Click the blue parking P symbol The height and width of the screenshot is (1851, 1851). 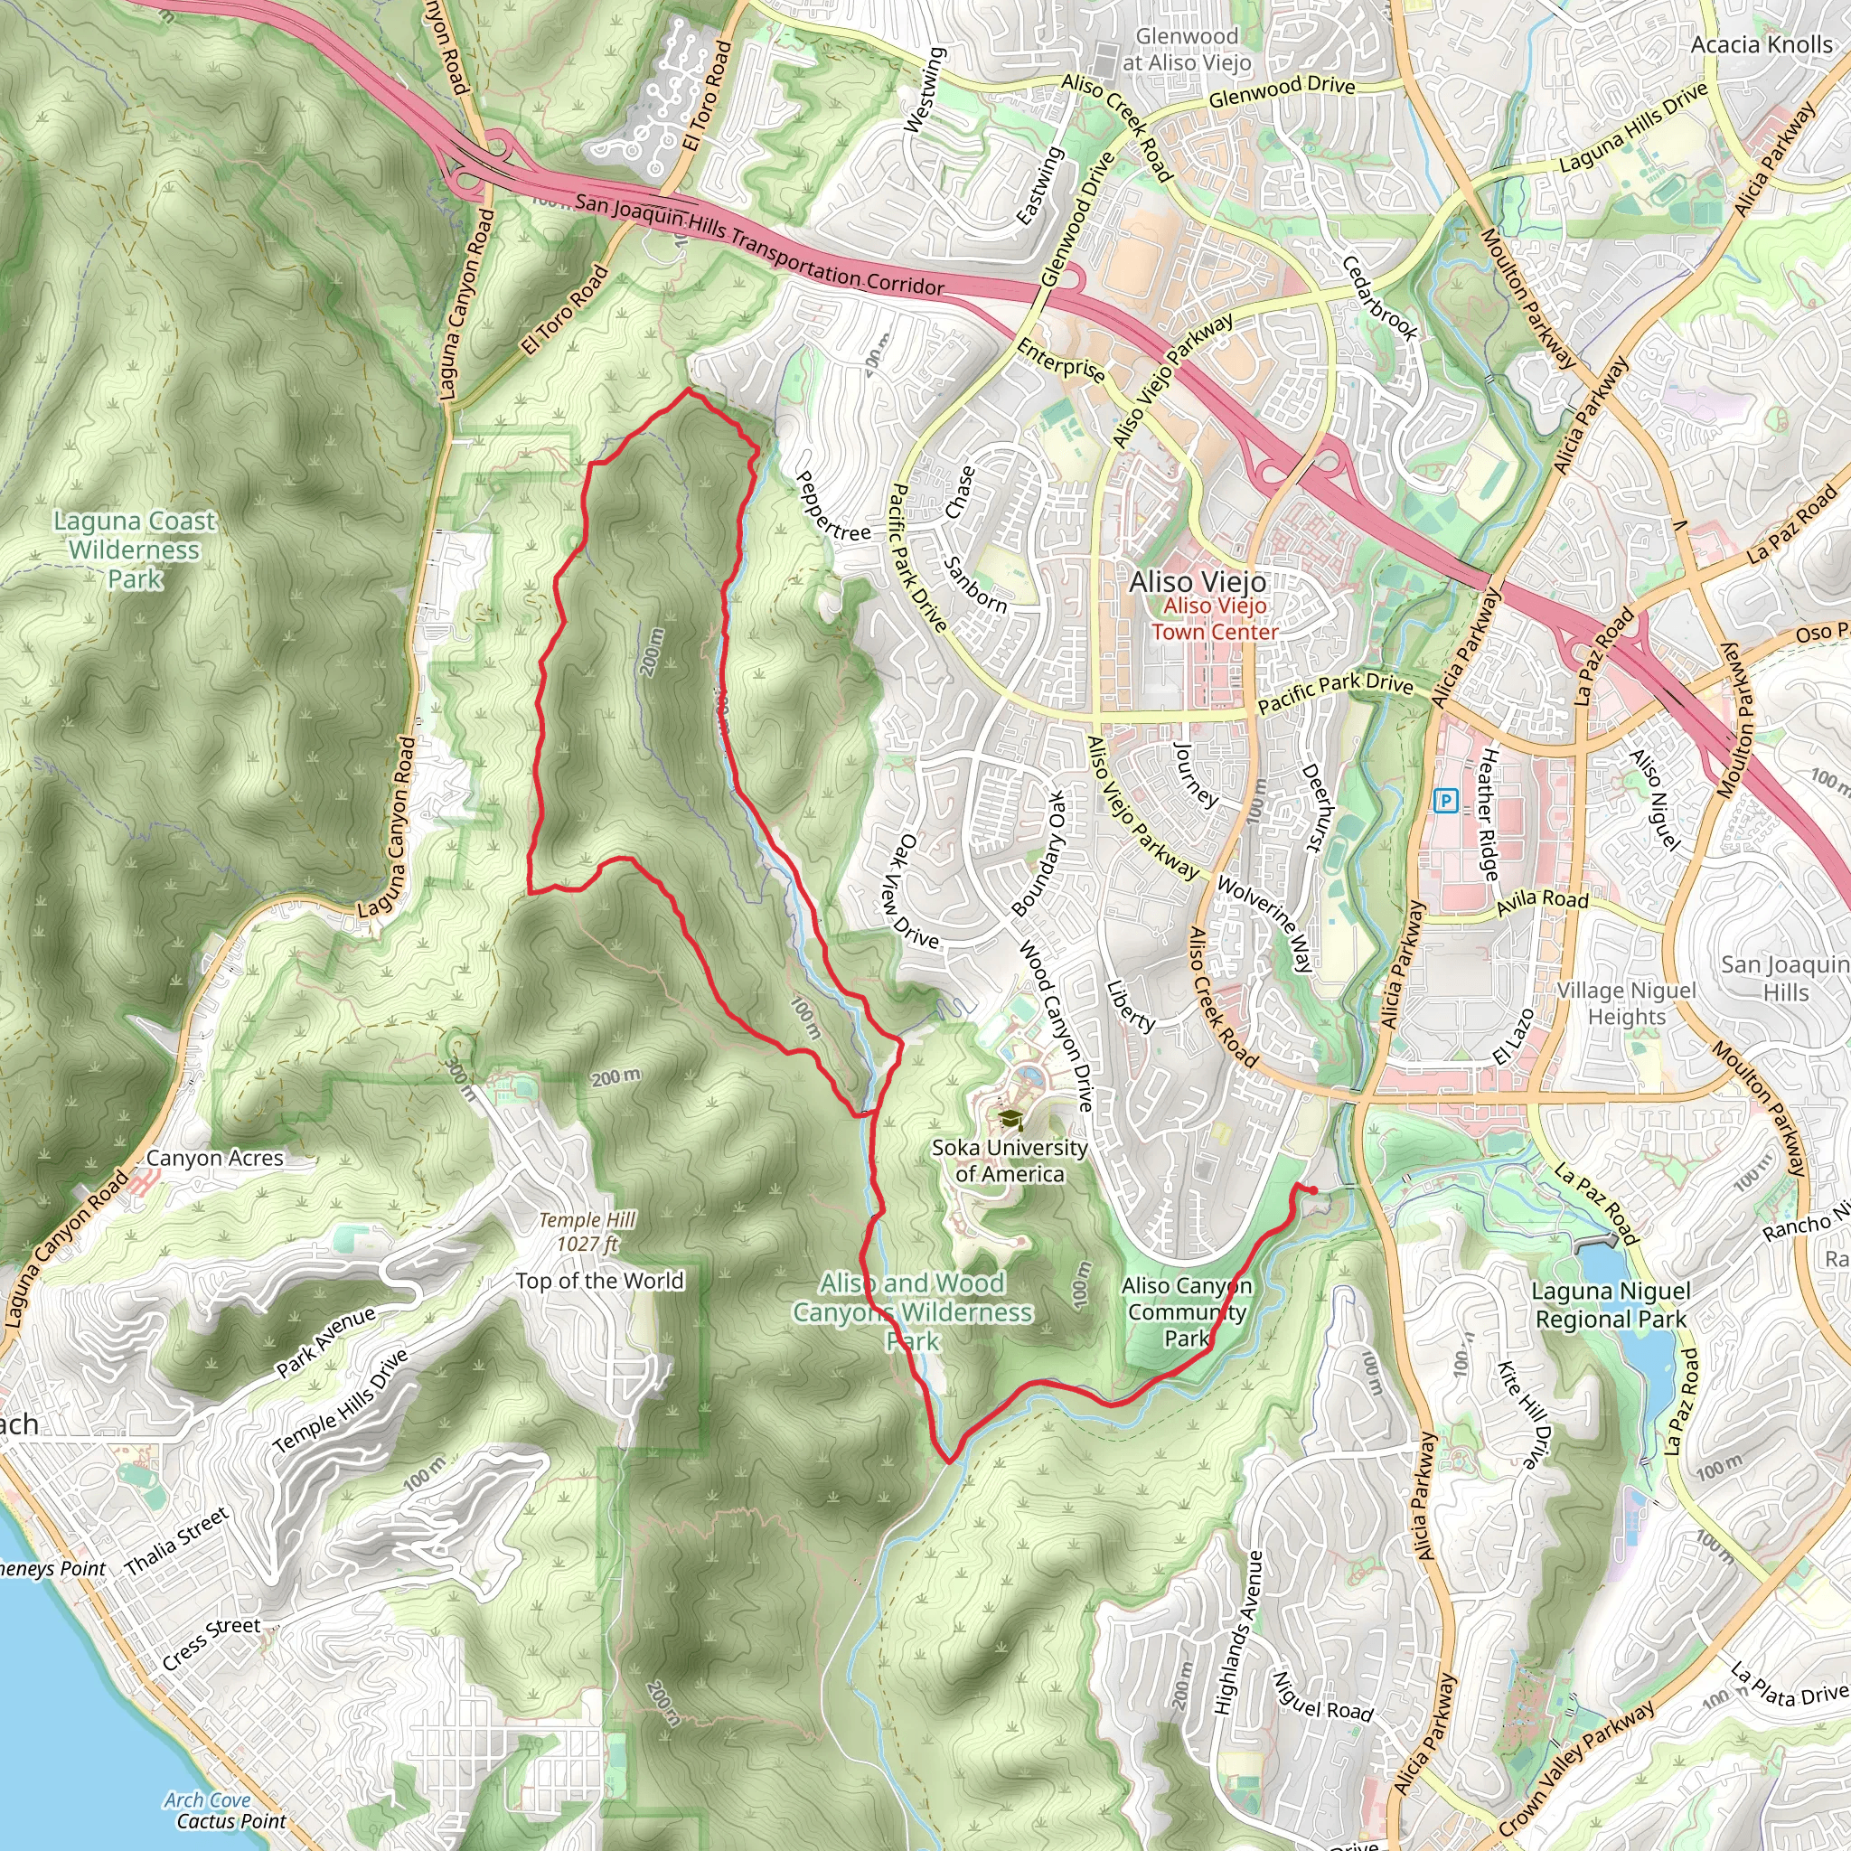click(1446, 801)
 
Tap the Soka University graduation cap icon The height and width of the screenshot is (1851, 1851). click(1010, 1119)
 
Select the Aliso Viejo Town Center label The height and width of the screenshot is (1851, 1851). click(1214, 619)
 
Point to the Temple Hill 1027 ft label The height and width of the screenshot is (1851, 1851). click(587, 1232)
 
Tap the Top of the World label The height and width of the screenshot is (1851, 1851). click(600, 1281)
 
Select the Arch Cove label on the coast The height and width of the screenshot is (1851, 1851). click(207, 1800)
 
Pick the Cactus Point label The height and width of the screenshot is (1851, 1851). click(230, 1821)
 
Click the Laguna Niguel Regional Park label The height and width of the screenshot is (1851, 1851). click(1611, 1305)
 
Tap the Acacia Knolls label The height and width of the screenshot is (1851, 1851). click(1761, 45)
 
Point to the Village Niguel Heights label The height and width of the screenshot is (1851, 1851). click(1626, 1003)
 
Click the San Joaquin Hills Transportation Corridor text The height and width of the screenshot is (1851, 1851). click(759, 245)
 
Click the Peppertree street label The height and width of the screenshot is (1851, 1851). click(832, 506)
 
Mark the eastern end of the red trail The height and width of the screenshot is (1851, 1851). click(1313, 1191)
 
